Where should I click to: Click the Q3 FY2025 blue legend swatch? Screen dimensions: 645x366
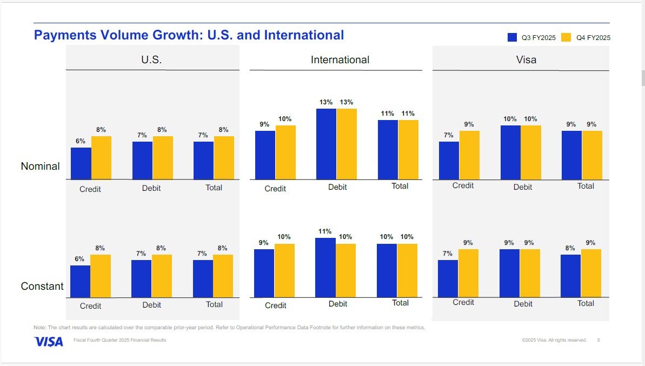[x=512, y=37]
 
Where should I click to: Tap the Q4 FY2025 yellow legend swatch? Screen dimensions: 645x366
[x=566, y=37]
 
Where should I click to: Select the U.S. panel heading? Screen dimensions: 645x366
[x=151, y=60]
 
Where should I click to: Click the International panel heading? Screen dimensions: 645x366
[x=340, y=60]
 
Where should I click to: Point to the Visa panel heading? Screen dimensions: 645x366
[x=526, y=60]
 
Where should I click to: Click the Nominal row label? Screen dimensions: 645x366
[x=41, y=166]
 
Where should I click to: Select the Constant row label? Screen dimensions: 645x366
[x=42, y=286]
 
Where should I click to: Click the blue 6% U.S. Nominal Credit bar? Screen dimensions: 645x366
[x=81, y=164]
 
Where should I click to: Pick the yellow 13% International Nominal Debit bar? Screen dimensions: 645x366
[x=347, y=144]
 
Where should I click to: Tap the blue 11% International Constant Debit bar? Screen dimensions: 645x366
[x=325, y=268]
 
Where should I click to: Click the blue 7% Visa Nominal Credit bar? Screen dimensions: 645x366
[x=449, y=161]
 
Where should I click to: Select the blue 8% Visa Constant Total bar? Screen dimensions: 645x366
[x=570, y=276]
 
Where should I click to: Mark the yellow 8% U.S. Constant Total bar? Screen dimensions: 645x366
[x=223, y=276]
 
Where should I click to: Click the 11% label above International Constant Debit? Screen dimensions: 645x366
[x=325, y=231]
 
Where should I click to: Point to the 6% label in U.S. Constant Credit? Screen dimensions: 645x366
[x=79, y=259]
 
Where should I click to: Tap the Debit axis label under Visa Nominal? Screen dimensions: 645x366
[x=523, y=187]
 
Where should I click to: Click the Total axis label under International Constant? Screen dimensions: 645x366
[x=400, y=303]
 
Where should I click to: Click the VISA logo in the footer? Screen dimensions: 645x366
[x=49, y=342]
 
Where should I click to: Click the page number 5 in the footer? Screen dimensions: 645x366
[x=599, y=340]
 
